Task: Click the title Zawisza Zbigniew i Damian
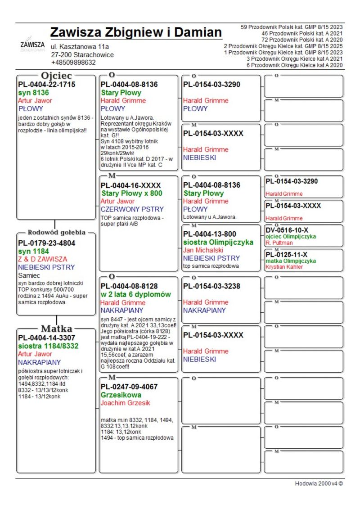[x=136, y=32]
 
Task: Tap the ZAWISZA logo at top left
[x=32, y=45]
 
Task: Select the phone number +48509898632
[x=73, y=63]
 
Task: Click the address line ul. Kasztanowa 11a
[x=80, y=47]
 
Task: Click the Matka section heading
[x=57, y=328]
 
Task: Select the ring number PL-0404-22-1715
[x=47, y=84]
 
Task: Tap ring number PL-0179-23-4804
[x=47, y=243]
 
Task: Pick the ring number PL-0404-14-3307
[x=47, y=338]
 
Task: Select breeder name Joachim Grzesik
[x=125, y=403]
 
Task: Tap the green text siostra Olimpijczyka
[x=218, y=242]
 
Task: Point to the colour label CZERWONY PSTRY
[x=132, y=209]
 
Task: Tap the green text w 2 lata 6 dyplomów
[x=136, y=294]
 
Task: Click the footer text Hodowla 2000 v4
[x=319, y=483]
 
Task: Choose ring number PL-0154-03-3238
[x=211, y=286]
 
